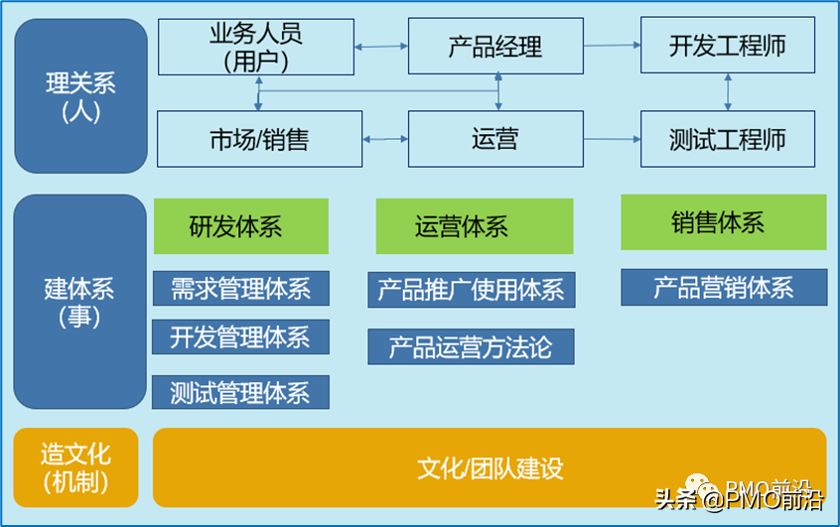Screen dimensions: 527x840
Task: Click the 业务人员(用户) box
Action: [x=255, y=47]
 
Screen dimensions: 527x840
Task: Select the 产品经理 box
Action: [x=495, y=47]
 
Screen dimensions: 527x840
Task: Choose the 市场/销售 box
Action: [x=259, y=139]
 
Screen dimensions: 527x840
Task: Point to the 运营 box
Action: [x=495, y=139]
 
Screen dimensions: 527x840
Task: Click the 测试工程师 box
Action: [x=727, y=139]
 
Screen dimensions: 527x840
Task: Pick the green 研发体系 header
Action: [x=240, y=226]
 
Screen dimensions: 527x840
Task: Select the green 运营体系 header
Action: [x=474, y=226]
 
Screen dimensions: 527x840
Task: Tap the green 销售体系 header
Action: [x=723, y=222]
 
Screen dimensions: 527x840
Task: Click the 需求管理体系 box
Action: [x=240, y=288]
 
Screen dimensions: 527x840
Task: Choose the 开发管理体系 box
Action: [x=240, y=337]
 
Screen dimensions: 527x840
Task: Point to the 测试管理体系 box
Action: [x=240, y=392]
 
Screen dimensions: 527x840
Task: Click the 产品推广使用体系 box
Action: [x=471, y=290]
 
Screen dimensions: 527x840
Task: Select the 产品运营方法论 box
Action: [x=471, y=346]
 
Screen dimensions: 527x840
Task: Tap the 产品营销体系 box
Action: [x=723, y=288]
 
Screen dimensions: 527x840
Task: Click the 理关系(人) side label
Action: [x=80, y=95]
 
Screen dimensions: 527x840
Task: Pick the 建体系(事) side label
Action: [x=80, y=302]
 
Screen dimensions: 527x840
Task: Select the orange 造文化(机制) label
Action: [x=75, y=467]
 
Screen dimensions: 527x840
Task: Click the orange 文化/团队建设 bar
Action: [x=490, y=467]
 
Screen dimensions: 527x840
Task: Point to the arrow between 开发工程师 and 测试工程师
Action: [x=728, y=92]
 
